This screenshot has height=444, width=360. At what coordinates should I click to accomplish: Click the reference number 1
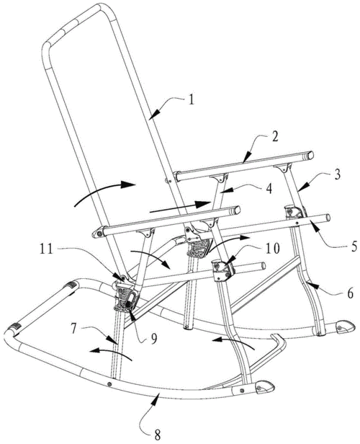coord(192,100)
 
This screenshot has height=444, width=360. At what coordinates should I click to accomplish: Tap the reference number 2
coord(274,137)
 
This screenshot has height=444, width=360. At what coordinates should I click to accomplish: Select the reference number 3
coord(337,174)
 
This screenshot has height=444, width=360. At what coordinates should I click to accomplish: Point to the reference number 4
coord(269,188)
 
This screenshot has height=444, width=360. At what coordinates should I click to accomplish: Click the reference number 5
coord(354,247)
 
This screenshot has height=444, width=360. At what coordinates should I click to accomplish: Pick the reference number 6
coord(350,293)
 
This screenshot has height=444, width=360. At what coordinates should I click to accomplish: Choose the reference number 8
coord(157,434)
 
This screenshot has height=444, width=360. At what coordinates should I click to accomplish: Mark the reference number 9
coord(154,339)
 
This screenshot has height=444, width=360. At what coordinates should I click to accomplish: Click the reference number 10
coord(273,249)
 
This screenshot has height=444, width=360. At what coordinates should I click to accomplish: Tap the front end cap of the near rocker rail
coord(265,387)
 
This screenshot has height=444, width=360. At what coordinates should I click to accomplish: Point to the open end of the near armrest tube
coord(237,210)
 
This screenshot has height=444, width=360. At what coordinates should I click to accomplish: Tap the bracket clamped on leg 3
coord(295,213)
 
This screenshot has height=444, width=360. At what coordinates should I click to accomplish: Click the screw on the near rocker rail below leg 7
coord(109,384)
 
